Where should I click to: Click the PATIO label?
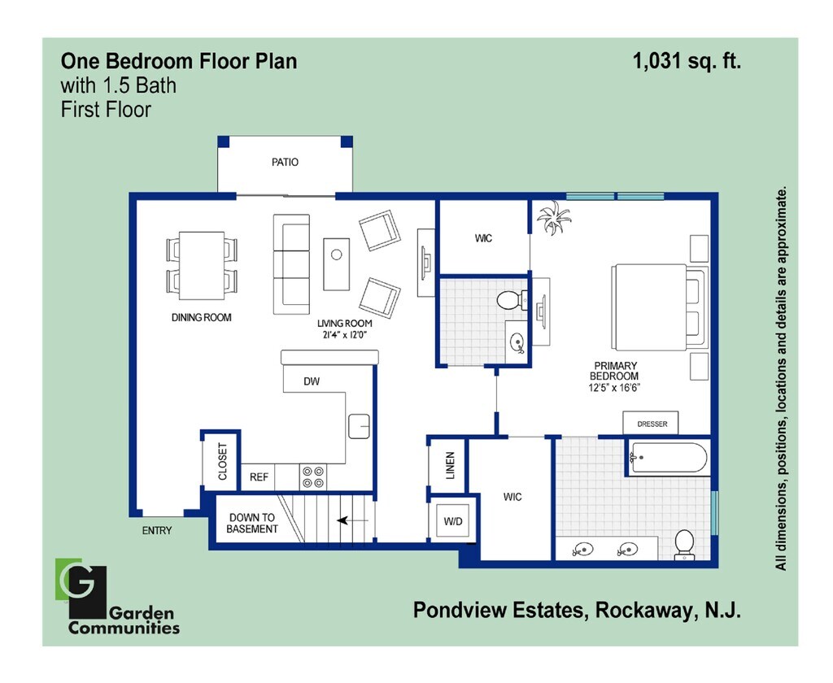click(x=285, y=162)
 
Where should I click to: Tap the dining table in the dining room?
click(x=202, y=266)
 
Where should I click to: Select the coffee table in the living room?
click(x=337, y=263)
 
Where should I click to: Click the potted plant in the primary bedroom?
click(x=554, y=218)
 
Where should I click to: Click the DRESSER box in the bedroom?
click(x=652, y=424)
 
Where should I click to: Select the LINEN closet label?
click(x=450, y=466)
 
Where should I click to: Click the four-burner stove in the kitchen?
click(x=313, y=476)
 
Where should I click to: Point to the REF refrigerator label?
click(x=259, y=477)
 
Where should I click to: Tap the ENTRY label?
click(x=157, y=530)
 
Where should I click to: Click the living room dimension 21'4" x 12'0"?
click(x=345, y=334)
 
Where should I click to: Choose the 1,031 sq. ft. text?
click(x=687, y=60)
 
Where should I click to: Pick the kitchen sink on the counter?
click(x=359, y=425)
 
